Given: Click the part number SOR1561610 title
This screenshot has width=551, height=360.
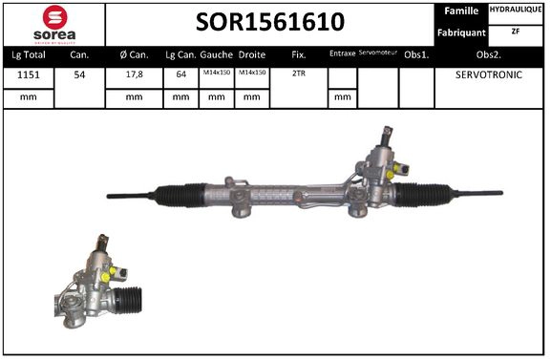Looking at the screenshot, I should pos(270,22).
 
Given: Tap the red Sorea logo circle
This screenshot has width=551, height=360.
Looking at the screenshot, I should pos(53,17).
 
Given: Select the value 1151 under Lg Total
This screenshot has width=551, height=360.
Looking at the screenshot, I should pos(27,74).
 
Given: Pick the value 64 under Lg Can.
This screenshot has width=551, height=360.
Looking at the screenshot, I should pos(180,74).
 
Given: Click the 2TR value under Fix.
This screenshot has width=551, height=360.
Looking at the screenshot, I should pos(298,74).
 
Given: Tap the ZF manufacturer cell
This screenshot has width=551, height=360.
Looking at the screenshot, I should pos(517,32).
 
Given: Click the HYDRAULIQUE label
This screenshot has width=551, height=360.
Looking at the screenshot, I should pos(517,11).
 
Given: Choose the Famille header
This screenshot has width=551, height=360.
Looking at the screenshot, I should pos(460,11).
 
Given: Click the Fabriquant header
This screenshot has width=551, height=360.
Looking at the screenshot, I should pos(460,32).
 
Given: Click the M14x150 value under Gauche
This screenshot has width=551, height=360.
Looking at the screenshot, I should pos(216,74).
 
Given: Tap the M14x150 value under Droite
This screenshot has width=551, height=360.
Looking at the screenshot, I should pos(251,74).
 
